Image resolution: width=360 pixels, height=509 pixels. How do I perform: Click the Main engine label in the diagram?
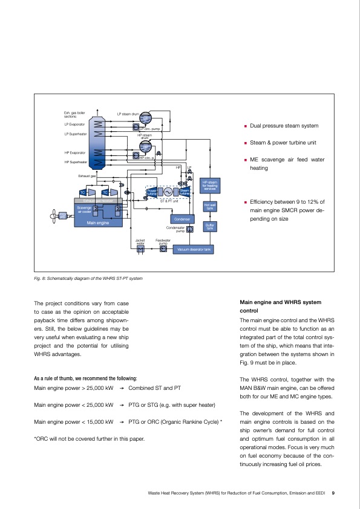point(97,222)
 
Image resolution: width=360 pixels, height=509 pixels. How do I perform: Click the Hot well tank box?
point(210,207)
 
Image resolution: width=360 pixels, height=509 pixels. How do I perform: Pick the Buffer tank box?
point(210,227)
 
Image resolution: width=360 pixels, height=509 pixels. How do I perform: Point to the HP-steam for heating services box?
point(210,185)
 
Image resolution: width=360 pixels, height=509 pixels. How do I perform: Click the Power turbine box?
point(152,192)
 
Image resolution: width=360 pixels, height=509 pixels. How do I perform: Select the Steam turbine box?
point(185,192)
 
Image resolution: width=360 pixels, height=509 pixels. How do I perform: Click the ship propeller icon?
point(53,215)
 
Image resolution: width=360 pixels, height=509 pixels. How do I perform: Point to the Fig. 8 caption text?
point(88,279)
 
